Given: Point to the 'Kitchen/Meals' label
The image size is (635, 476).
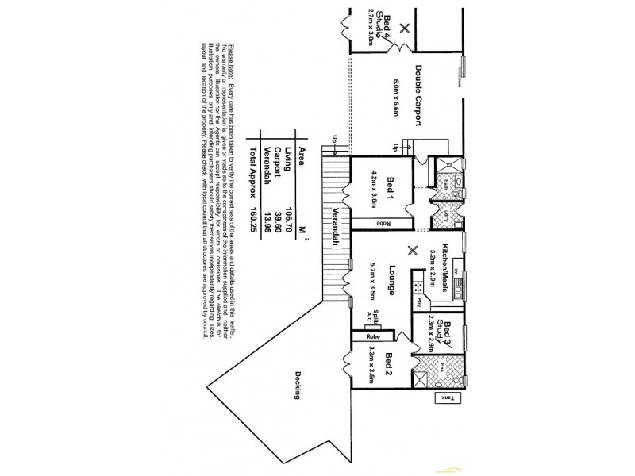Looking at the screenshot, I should coord(446,268).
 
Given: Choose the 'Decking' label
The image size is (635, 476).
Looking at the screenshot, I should coord(299,386).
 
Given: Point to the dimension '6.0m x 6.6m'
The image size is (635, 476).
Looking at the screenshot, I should coord(396,98).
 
